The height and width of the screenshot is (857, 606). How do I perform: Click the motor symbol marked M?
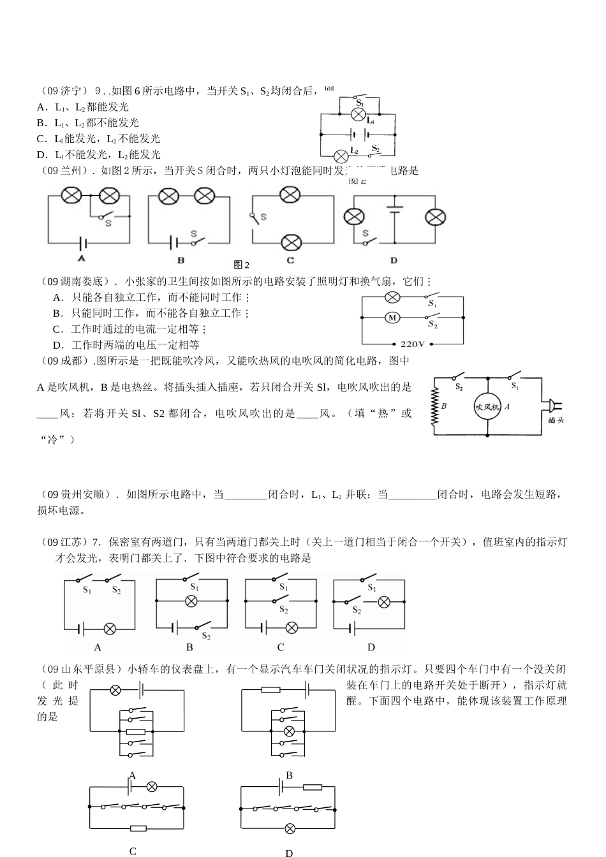pyautogui.click(x=393, y=318)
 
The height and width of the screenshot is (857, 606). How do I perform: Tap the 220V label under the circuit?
pyautogui.click(x=412, y=344)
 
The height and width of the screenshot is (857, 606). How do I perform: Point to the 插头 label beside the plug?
pyautogui.click(x=556, y=420)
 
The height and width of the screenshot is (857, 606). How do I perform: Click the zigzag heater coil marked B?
pyautogui.click(x=436, y=406)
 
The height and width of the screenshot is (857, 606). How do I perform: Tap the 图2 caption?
pyautogui.click(x=241, y=265)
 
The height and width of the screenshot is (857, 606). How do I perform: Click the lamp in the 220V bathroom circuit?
pyautogui.click(x=393, y=297)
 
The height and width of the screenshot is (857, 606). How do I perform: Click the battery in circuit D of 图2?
pyautogui.click(x=394, y=210)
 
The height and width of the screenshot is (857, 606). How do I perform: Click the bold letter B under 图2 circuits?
pyautogui.click(x=181, y=260)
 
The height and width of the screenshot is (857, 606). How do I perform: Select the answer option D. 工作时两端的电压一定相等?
pyautogui.click(x=126, y=345)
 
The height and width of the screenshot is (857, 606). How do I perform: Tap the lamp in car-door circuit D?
pyautogui.click(x=290, y=828)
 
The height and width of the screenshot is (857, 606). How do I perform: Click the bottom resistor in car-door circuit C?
pyautogui.click(x=138, y=828)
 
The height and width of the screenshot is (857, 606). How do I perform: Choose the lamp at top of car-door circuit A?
pyautogui.click(x=115, y=690)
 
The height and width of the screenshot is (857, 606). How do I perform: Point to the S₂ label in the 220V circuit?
pyautogui.click(x=432, y=324)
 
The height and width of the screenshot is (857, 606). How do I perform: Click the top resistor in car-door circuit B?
pyautogui.click(x=270, y=690)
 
